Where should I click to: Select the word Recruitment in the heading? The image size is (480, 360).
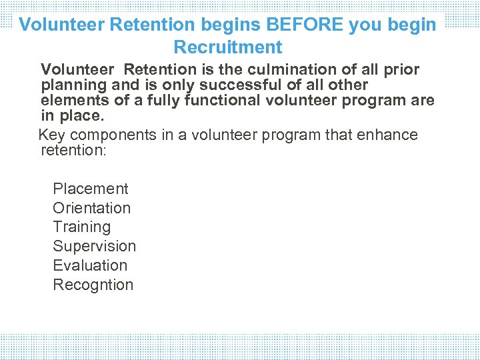(228, 47)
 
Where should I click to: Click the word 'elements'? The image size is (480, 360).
(72, 101)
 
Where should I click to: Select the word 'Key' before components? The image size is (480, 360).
(51, 135)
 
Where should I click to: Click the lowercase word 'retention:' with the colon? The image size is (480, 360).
(73, 151)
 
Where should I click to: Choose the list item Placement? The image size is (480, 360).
(90, 189)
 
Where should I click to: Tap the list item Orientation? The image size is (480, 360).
(91, 208)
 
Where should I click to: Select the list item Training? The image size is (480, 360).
(81, 227)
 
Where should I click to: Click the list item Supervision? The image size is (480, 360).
(94, 247)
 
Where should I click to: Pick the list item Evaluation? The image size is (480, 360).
(90, 265)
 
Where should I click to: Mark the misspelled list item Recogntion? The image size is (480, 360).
(93, 285)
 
